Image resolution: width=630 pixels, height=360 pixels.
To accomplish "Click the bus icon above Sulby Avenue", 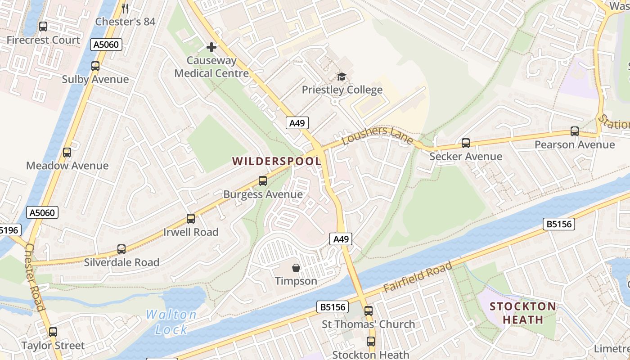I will [x=95, y=66].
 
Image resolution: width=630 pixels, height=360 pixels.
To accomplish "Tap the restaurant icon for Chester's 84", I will [x=126, y=9].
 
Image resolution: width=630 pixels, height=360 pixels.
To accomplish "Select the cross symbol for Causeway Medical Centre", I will [x=211, y=47].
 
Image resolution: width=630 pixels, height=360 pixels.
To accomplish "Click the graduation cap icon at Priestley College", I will [x=342, y=76].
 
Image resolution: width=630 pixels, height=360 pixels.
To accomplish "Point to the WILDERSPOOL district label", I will [x=276, y=161].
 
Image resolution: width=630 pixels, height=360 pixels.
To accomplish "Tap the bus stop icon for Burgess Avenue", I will [x=263, y=181].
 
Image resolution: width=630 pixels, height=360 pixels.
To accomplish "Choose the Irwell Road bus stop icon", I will [x=191, y=219].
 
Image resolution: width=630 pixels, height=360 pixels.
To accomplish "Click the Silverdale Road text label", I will [x=121, y=262].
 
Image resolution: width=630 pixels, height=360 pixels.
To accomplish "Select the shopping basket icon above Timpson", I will [x=296, y=268].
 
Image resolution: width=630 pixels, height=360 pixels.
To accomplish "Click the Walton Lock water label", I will [x=171, y=322].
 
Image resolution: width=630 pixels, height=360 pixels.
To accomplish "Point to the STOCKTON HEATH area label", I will [x=522, y=313].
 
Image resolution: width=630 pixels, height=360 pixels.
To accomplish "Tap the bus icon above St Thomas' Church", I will [x=369, y=310].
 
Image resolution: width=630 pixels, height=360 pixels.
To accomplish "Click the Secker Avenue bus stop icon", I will [x=466, y=143].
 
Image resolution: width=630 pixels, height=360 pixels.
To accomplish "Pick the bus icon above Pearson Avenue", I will [x=575, y=131].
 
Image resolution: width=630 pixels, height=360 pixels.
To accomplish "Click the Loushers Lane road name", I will [x=378, y=135].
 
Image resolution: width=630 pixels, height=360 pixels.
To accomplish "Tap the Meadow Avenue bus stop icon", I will [x=67, y=153].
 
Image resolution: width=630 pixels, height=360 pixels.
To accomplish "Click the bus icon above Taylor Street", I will [x=53, y=332].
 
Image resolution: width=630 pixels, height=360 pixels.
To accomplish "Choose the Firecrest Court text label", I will [x=43, y=40].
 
